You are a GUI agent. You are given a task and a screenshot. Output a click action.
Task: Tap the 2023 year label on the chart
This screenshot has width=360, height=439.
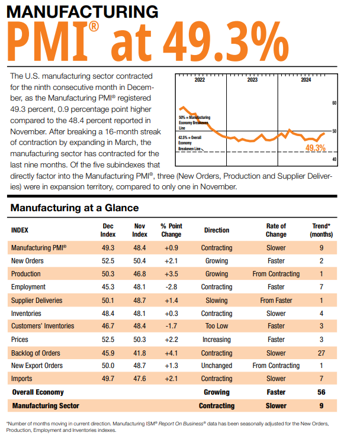[x=252, y=80]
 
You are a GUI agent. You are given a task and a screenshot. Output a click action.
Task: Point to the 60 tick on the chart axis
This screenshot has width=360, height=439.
[x=334, y=104]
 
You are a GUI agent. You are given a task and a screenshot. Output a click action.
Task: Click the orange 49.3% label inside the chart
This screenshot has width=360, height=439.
[x=315, y=147]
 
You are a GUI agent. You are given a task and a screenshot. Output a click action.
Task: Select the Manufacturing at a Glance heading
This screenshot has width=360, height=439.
[x=75, y=208]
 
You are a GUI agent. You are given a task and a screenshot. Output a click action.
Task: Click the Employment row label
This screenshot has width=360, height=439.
[x=29, y=287]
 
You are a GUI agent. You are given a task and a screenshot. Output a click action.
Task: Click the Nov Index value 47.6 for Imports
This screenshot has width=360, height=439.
[x=140, y=379]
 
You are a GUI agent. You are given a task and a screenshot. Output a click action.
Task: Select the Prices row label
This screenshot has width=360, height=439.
[x=21, y=340]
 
